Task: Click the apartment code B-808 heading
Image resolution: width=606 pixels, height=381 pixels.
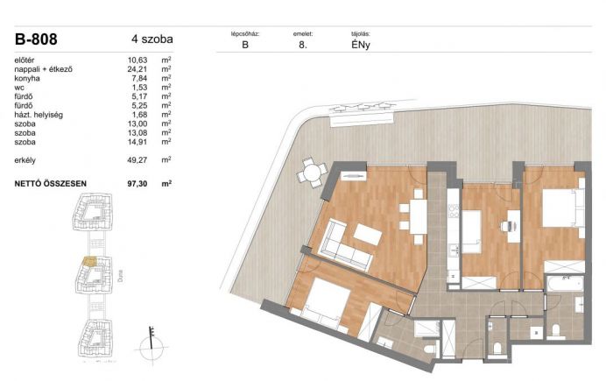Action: (36, 39)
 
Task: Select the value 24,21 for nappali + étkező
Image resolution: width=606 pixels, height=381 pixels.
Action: (137, 69)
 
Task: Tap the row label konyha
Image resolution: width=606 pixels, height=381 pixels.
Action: (27, 79)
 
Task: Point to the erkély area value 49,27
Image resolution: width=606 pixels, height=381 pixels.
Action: (137, 160)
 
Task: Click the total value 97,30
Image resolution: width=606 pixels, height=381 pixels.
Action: (137, 184)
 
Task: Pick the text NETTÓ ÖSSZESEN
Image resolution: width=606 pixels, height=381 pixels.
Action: (50, 184)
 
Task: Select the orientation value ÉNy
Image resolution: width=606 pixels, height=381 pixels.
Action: (361, 45)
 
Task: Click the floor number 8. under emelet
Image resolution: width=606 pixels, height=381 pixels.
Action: (303, 45)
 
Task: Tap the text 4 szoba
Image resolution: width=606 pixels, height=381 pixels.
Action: (151, 39)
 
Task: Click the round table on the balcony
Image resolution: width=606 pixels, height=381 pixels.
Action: (312, 172)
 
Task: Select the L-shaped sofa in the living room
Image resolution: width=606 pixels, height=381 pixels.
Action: (344, 246)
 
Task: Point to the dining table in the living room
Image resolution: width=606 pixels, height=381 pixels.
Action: (419, 216)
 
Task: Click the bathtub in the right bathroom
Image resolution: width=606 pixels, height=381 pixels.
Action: (564, 285)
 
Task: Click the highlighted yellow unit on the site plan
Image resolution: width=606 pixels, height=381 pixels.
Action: (89, 262)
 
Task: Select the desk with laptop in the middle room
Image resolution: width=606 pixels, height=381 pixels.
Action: (513, 226)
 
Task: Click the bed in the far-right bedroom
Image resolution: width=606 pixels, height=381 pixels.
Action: (562, 208)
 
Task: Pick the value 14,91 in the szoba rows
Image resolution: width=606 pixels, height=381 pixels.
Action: (137, 142)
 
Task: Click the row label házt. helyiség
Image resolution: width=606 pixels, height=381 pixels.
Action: (39, 115)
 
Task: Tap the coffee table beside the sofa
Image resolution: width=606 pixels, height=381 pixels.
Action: (368, 234)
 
